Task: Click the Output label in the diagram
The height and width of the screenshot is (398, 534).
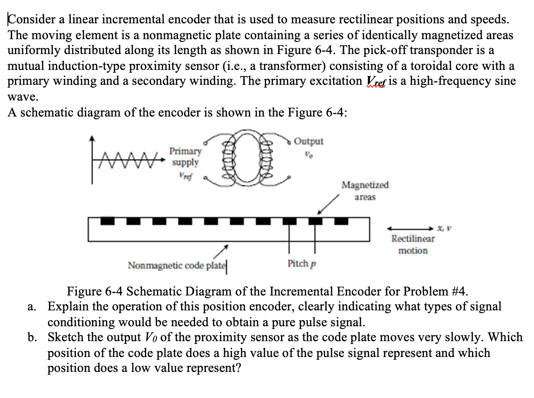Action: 309,141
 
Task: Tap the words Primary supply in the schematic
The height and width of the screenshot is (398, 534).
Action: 185,157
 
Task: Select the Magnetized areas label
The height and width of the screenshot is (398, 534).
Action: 365,191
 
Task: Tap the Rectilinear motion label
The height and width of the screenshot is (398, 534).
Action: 413,245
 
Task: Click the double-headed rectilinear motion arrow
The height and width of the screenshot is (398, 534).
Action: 410,228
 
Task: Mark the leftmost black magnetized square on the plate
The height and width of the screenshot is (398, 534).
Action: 108,220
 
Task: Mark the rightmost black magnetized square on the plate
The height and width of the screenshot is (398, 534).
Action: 341,220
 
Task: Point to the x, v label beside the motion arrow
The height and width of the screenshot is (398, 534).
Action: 446,228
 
